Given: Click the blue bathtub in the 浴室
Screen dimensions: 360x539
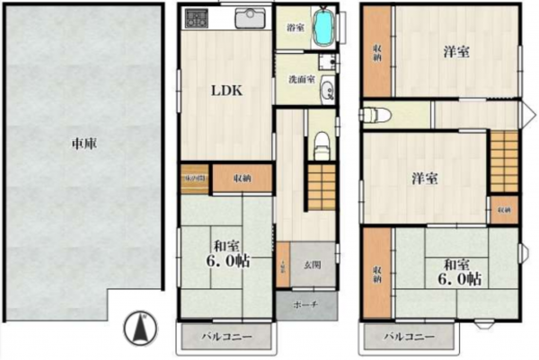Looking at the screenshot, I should click(x=323, y=24).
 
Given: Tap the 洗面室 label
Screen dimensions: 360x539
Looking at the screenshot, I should click(x=300, y=79).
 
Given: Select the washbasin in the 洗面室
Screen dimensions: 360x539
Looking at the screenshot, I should click(x=326, y=88).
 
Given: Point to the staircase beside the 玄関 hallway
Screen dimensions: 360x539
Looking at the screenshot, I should click(x=320, y=187).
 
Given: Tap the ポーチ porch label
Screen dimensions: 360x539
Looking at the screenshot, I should click(x=307, y=304).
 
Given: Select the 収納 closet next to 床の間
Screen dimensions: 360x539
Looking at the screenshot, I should click(x=241, y=178).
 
